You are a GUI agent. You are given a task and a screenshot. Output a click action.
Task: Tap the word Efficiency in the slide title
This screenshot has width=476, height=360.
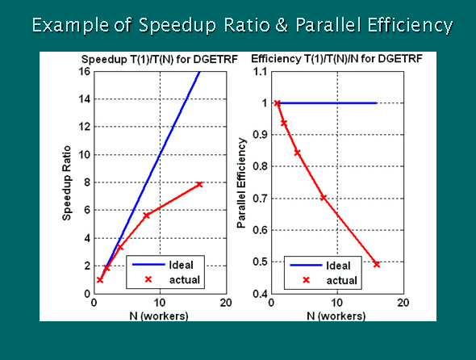click(x=410, y=25)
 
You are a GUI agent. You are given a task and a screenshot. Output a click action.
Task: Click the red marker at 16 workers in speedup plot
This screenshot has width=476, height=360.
click(x=199, y=184)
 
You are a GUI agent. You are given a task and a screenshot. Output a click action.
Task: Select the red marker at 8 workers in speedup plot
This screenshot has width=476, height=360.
click(x=146, y=215)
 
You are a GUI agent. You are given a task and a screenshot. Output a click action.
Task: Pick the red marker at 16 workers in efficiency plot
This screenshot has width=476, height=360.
click(x=377, y=264)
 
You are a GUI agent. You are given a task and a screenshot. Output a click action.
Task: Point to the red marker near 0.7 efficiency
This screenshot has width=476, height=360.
click(x=324, y=198)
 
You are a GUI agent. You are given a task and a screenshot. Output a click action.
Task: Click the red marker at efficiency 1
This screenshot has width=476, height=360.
click(x=278, y=103)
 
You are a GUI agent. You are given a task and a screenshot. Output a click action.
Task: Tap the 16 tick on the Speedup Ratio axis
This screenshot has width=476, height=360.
click(x=86, y=71)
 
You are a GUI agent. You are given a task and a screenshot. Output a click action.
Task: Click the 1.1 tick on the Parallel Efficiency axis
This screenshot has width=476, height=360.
click(x=260, y=72)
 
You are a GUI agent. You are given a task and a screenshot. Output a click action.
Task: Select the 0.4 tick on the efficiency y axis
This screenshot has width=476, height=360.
click(x=260, y=294)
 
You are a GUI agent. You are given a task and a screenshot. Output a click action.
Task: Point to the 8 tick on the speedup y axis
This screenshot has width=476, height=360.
click(x=88, y=182)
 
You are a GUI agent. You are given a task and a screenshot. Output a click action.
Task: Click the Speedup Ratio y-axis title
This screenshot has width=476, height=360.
click(x=67, y=183)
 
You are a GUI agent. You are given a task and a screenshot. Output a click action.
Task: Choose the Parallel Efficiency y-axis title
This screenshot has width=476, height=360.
click(x=242, y=183)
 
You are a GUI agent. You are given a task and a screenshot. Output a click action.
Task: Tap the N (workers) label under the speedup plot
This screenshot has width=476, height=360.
click(x=159, y=316)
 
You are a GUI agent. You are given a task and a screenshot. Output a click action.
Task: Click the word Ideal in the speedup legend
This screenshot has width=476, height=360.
click(x=181, y=265)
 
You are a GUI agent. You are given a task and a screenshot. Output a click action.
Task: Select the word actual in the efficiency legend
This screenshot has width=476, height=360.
click(x=341, y=280)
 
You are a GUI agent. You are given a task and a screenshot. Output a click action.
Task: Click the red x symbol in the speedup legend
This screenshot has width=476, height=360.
click(x=148, y=279)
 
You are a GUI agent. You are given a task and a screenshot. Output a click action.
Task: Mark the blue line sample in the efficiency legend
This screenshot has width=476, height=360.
click(x=306, y=266)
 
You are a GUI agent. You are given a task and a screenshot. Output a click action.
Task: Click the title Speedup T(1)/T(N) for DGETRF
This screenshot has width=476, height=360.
click(x=160, y=59)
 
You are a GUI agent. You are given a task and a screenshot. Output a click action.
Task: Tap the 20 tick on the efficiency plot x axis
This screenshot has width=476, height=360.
click(x=403, y=303)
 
